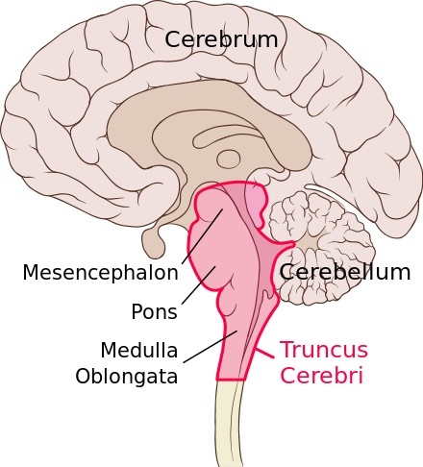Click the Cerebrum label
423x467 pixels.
click(221, 39)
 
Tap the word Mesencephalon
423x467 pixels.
click(100, 273)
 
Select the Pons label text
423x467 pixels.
click(154, 311)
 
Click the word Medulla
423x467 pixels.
click(139, 350)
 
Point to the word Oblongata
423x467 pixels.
click(126, 376)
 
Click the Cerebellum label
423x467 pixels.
click(345, 273)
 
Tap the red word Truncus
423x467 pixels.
click(324, 350)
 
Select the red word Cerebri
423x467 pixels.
click(321, 375)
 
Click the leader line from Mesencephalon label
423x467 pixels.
click(202, 236)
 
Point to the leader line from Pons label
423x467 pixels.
click(199, 284)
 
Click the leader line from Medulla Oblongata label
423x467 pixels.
click(211, 347)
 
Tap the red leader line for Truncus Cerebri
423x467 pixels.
click(264, 353)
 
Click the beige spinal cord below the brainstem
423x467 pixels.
click(228, 423)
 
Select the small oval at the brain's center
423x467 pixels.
click(229, 159)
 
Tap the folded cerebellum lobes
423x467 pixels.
click(320, 248)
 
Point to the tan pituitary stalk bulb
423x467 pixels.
click(153, 242)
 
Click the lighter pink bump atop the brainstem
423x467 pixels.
click(256, 205)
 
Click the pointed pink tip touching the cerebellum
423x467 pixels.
click(291, 244)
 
